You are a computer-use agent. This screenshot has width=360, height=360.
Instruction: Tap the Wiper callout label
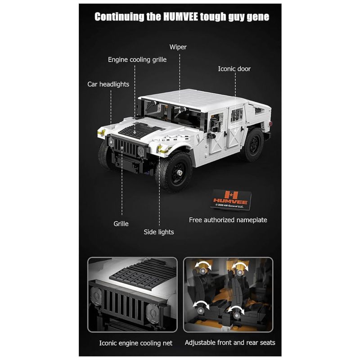click(178, 47)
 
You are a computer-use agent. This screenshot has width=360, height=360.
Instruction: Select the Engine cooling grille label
click(137, 60)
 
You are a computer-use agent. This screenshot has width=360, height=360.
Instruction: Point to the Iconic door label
click(234, 69)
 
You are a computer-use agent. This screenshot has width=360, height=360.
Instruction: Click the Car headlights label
click(108, 84)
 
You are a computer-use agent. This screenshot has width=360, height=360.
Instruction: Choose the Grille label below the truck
click(121, 224)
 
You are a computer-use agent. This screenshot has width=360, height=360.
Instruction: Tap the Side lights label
click(159, 232)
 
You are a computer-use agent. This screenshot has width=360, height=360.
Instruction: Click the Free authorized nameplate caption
click(228, 220)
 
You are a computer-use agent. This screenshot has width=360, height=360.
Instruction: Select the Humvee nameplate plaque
click(231, 199)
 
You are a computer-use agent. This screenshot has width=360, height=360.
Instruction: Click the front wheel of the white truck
click(174, 172)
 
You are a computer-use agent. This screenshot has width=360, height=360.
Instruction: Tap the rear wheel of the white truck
click(252, 144)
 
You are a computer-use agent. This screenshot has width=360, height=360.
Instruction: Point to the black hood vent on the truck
click(139, 130)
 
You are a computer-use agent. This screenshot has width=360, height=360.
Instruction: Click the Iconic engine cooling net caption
click(136, 343)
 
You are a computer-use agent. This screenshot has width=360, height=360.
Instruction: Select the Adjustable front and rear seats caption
click(230, 342)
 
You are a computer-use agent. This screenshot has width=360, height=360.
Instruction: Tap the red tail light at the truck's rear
click(270, 124)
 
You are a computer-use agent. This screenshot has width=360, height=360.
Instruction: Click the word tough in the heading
click(213, 17)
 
